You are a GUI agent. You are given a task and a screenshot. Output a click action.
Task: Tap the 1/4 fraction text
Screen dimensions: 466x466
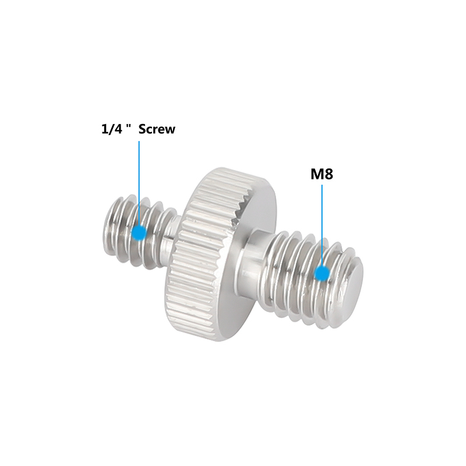coord(111,129)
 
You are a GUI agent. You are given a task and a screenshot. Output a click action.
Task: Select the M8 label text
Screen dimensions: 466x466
coord(321,174)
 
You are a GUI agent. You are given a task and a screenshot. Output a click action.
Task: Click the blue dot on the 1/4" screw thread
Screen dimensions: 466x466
coord(139,232)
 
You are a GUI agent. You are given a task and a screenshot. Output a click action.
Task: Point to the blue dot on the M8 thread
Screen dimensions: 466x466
coord(322,273)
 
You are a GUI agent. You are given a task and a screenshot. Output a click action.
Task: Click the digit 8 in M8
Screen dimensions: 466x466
coord(328,174)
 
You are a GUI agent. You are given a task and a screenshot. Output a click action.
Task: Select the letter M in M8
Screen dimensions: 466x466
coord(316,174)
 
